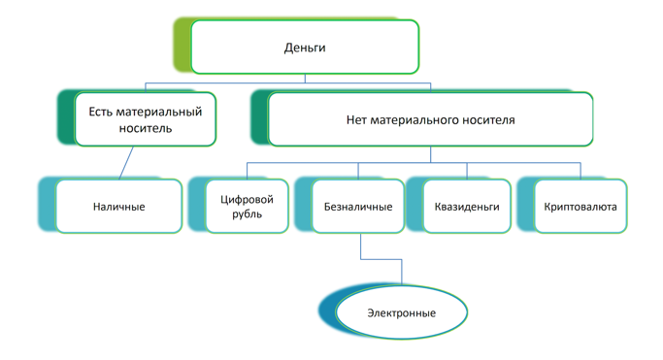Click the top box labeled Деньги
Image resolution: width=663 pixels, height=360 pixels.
(x=305, y=48)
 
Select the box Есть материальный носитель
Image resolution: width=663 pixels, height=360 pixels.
(x=146, y=119)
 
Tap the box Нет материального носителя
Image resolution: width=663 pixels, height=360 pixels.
(x=430, y=120)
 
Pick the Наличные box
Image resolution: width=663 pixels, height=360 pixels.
(x=118, y=207)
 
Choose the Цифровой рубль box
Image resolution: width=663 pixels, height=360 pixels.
(x=247, y=207)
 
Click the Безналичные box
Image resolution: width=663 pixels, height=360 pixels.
(x=358, y=207)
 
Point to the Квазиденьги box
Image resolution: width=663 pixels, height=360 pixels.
(x=467, y=207)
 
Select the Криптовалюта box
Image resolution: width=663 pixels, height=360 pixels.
(x=580, y=207)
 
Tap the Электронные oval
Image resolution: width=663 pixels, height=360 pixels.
(x=401, y=313)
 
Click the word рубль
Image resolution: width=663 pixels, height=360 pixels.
(x=247, y=214)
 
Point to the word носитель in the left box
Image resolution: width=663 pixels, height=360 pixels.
(x=146, y=128)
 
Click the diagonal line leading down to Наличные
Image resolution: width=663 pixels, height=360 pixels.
(x=126, y=163)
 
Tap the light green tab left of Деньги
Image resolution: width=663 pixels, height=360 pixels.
(x=182, y=46)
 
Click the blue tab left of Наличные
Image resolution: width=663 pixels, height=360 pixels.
(x=47, y=205)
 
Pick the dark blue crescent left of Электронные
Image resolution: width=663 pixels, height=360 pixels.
(x=326, y=311)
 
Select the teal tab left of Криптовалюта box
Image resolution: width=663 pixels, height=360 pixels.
(x=524, y=205)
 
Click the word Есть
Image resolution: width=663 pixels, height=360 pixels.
(x=101, y=112)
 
